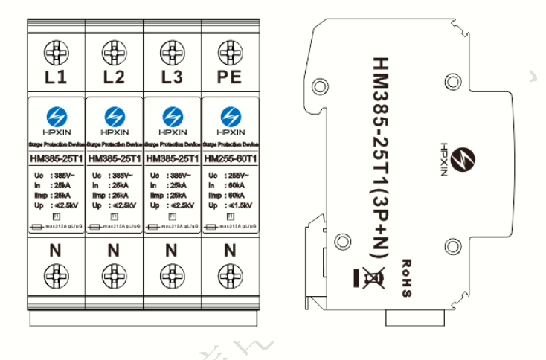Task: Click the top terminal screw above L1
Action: coord(56,53)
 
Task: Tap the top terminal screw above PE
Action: coord(229,53)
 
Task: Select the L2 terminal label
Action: coord(114,77)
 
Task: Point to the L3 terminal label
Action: coord(172,77)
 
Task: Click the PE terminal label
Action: coord(229,77)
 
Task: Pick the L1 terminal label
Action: coord(56,77)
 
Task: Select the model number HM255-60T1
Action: coord(230,158)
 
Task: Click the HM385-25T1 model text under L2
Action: coord(114,158)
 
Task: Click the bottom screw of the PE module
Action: coord(229,271)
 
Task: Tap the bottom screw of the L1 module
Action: coord(56,271)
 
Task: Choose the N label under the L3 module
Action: coord(172,251)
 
